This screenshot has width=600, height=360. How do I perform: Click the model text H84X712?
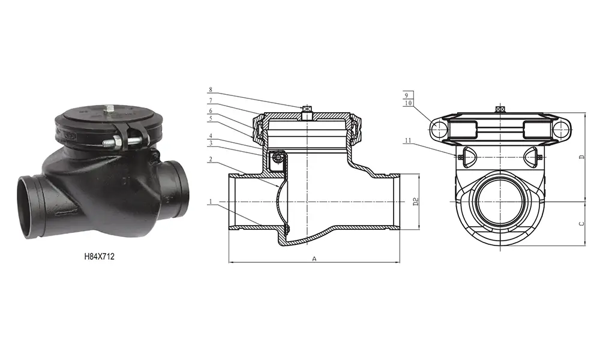[x=99, y=256]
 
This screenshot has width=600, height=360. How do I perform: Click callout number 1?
[x=211, y=202]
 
